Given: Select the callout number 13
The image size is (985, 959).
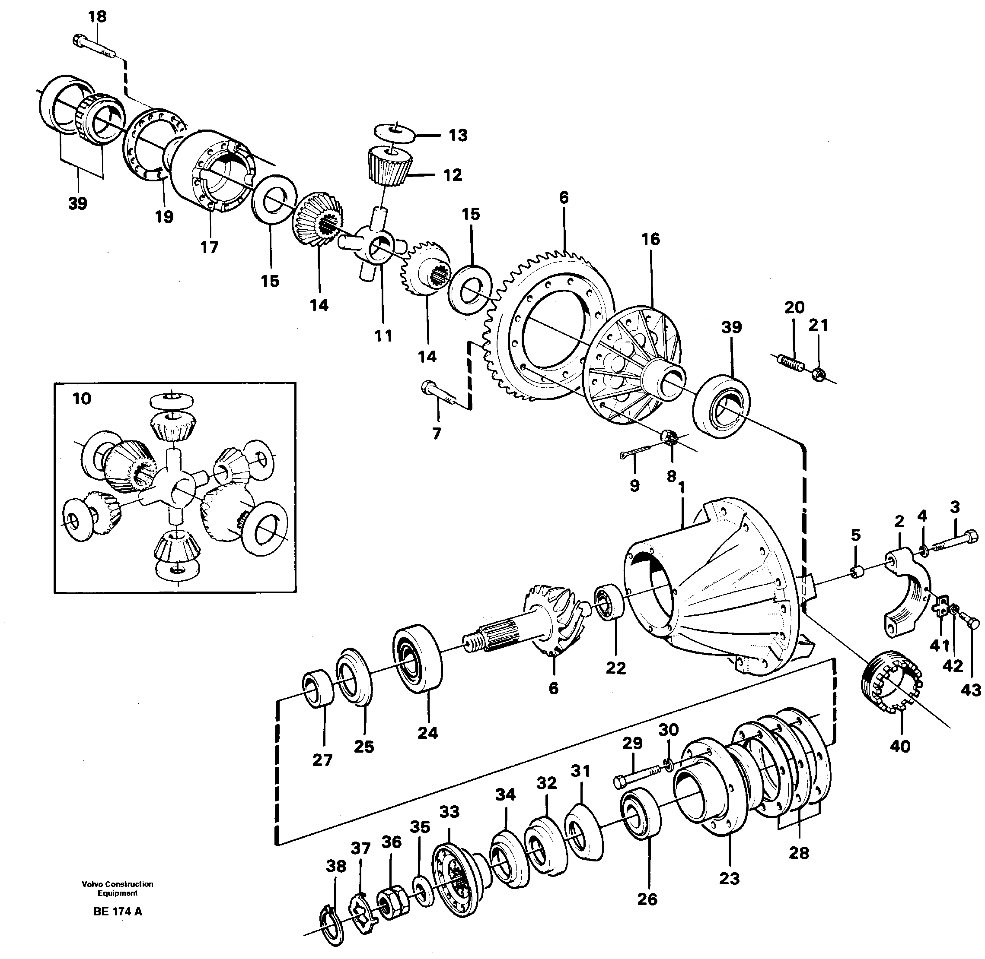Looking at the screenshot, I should click(x=458, y=136).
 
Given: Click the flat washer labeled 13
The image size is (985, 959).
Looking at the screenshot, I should click(x=394, y=132).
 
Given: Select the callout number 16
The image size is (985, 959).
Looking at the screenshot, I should click(x=650, y=239).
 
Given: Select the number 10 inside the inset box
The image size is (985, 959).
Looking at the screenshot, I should click(x=82, y=399).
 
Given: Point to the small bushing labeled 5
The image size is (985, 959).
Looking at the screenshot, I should click(x=857, y=572).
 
